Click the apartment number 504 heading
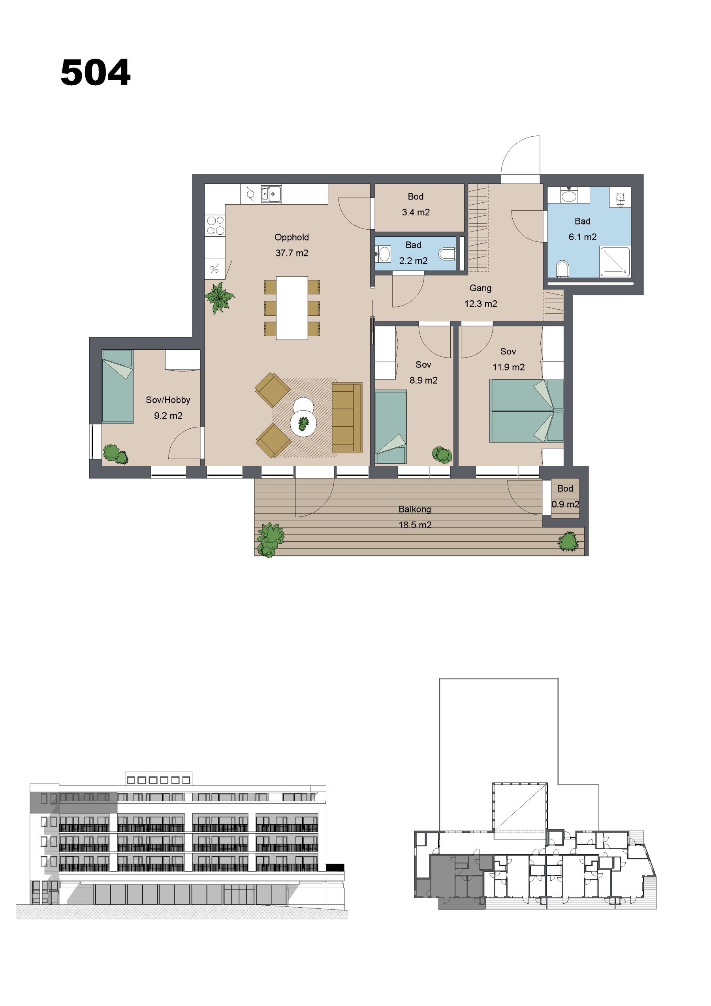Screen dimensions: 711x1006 (96, 72)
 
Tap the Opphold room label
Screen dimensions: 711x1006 (292, 237)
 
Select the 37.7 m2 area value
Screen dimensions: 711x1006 (292, 253)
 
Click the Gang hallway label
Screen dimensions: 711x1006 (480, 288)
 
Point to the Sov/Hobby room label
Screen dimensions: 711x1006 (168, 400)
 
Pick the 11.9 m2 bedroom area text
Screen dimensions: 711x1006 (508, 367)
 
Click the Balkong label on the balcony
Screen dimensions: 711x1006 (414, 509)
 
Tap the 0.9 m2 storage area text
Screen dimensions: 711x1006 (565, 504)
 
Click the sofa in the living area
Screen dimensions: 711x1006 (347, 418)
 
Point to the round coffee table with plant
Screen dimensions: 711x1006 (303, 423)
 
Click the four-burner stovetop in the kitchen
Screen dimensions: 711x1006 (215, 226)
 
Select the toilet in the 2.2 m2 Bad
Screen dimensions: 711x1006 (447, 254)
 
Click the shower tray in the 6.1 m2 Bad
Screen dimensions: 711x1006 (615, 262)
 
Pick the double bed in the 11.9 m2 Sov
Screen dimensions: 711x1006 (527, 411)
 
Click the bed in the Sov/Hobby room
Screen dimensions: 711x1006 (117, 386)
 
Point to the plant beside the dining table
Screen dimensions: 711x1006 (220, 298)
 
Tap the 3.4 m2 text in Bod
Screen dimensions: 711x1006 (416, 213)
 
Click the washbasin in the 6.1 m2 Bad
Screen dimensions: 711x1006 (569, 196)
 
